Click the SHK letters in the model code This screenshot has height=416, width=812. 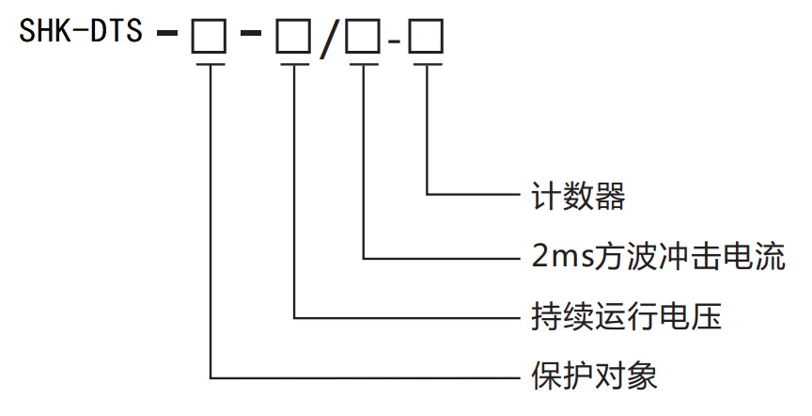(x=43, y=35)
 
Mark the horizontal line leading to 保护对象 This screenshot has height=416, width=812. (x=367, y=377)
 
